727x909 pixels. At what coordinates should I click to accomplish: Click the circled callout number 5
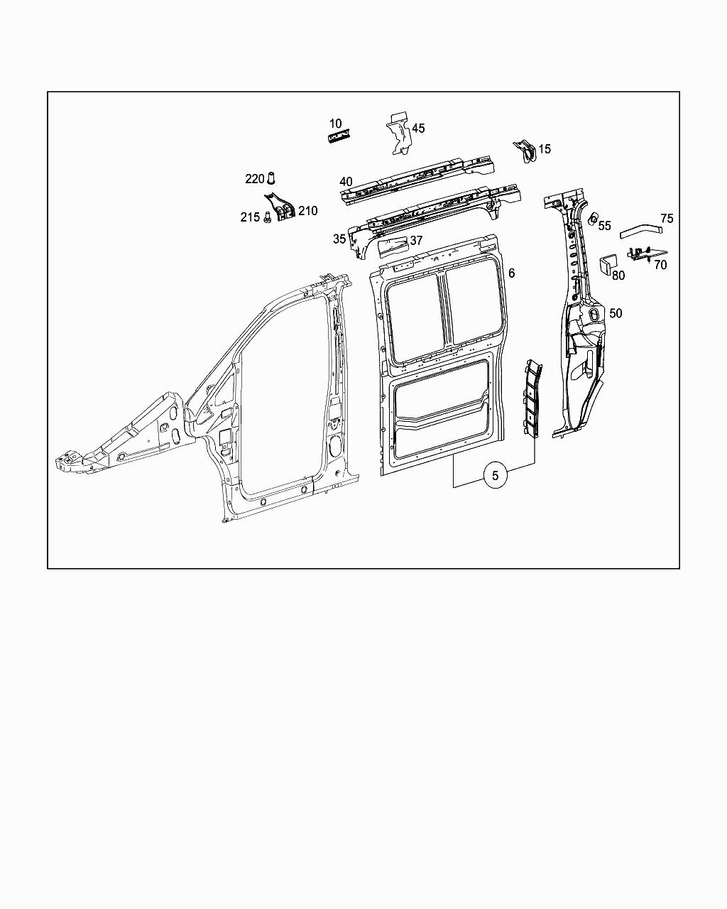[496, 476]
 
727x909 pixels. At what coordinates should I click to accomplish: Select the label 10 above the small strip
[335, 124]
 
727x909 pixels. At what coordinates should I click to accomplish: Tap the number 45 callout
[418, 129]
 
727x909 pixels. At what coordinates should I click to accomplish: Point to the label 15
[545, 149]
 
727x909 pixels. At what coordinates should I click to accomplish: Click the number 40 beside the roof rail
[346, 182]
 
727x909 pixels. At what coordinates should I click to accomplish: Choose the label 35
[339, 239]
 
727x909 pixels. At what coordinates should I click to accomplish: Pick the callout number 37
[416, 241]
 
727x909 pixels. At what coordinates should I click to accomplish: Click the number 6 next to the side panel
[511, 273]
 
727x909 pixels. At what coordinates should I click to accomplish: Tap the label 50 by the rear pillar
[616, 313]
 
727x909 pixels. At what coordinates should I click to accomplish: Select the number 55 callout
[604, 226]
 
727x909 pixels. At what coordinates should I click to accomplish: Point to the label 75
[667, 219]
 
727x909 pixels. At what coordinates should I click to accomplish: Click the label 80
[618, 276]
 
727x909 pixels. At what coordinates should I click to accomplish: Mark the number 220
[255, 179]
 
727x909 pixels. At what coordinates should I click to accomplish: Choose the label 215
[250, 217]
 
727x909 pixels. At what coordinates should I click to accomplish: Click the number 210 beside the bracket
[308, 211]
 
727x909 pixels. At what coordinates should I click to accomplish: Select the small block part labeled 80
[606, 263]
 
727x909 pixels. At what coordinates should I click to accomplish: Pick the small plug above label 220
[270, 178]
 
